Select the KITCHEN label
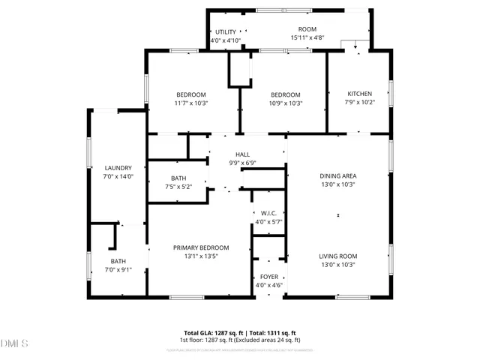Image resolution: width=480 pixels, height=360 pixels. [x=359, y=94]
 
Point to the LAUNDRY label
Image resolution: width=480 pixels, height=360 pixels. [x=118, y=168]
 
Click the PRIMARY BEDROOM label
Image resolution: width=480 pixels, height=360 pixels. [x=201, y=247]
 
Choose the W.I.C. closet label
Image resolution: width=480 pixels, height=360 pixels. [x=268, y=213]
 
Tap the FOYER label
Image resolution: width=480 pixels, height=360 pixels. [x=268, y=277]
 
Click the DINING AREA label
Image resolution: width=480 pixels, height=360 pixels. [x=337, y=175]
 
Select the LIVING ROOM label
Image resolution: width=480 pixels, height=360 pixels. [x=337, y=256]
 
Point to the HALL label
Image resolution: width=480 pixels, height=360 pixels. [x=242, y=154]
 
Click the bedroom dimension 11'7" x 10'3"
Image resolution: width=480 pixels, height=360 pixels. [x=190, y=103]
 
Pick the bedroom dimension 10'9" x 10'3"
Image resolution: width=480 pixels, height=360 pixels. [x=286, y=103]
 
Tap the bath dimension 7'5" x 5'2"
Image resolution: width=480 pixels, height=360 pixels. [x=178, y=187]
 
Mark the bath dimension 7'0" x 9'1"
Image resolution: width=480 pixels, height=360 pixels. [x=118, y=270]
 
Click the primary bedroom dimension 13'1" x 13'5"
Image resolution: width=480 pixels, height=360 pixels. [x=201, y=256]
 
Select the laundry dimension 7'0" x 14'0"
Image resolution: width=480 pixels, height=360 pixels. [x=118, y=177]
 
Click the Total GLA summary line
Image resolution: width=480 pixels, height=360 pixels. [x=240, y=332]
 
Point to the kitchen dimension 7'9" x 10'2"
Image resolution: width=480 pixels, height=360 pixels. [x=359, y=103]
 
